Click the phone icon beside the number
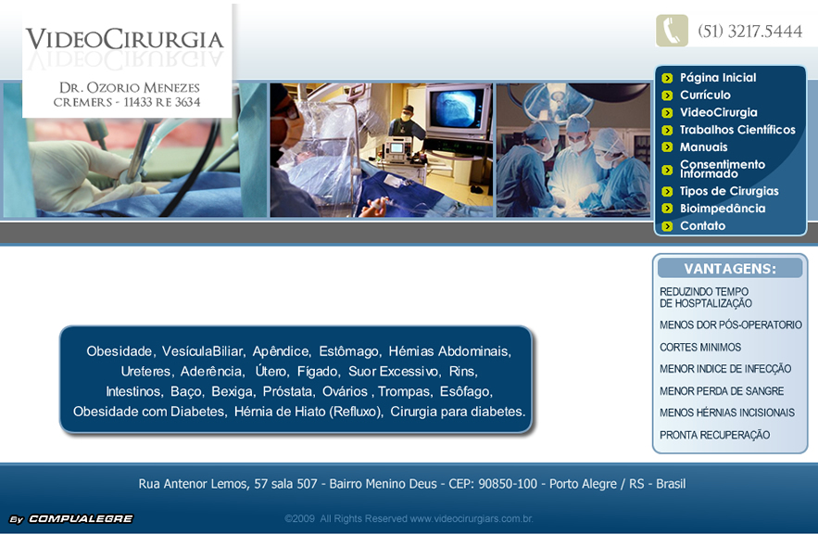click(672, 31)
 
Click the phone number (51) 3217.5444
click(749, 32)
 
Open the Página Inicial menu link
click(717, 78)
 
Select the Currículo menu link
click(705, 95)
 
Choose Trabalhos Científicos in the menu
click(737, 130)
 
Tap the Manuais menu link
click(703, 147)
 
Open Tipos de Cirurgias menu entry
click(729, 191)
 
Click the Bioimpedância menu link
click(723, 209)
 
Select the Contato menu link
click(702, 226)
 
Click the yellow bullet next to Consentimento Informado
click(667, 170)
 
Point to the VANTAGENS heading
click(730, 269)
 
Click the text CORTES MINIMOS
click(700, 348)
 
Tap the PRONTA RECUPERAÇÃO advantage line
click(714, 435)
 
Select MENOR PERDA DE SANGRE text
click(722, 391)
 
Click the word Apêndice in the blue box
click(281, 351)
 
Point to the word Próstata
click(286, 391)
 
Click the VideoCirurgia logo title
click(125, 40)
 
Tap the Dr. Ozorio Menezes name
click(129, 87)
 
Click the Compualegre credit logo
click(71, 519)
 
